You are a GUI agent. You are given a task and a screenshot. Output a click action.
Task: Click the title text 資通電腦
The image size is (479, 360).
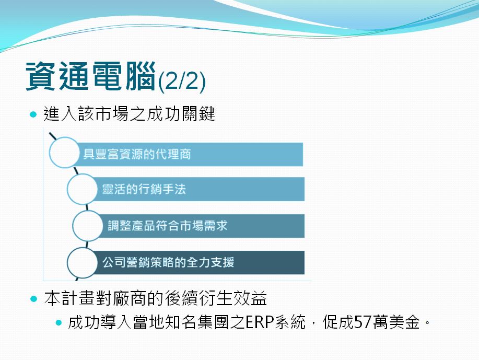click(91, 76)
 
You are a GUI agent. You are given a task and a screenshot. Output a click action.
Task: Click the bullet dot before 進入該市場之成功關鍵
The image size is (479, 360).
click(33, 114)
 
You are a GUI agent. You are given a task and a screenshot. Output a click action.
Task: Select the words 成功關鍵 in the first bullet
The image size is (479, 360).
click(181, 114)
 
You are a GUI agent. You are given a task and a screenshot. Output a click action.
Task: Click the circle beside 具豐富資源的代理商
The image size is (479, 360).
click(64, 153)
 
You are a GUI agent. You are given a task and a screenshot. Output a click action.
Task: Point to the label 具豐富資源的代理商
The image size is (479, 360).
click(137, 154)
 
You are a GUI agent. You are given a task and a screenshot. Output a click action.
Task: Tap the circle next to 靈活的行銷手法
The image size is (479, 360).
click(82, 189)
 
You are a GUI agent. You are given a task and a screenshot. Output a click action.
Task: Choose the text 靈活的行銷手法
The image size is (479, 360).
click(144, 189)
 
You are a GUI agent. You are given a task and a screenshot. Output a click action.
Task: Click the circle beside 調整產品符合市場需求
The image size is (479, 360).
click(88, 226)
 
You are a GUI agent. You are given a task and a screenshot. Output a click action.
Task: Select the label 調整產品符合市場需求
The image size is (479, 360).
click(168, 226)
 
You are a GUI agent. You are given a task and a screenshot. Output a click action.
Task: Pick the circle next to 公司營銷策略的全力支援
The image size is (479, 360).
click(82, 262)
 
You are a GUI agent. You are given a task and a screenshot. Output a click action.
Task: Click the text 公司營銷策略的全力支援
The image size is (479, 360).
click(168, 262)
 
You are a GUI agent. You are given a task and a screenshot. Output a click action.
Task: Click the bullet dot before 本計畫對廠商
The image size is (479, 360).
click(33, 298)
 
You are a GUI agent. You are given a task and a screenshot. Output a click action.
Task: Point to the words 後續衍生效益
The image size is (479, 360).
click(216, 298)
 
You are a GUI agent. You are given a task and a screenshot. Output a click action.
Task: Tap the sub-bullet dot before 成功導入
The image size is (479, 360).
click(59, 322)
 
